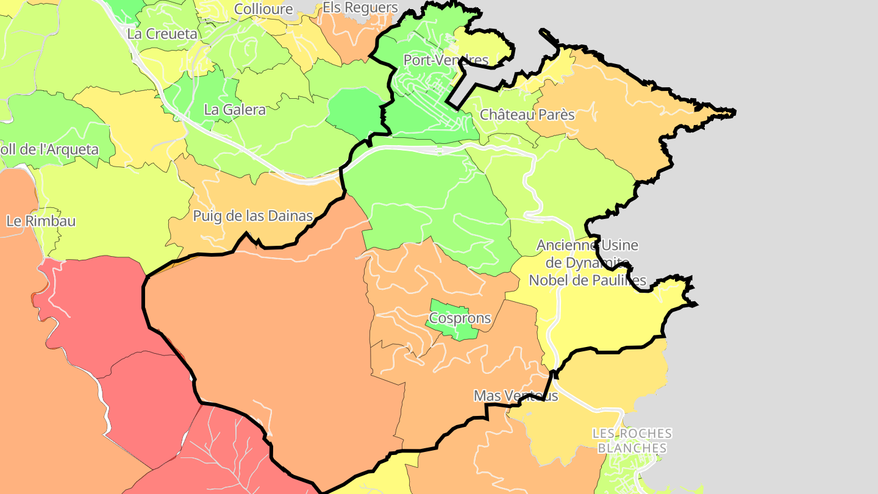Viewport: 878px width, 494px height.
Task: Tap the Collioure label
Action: pos(263,9)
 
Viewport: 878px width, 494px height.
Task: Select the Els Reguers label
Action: pos(360,8)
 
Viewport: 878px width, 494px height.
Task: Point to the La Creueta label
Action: pos(162,34)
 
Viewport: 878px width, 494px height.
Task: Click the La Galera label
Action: pos(235,110)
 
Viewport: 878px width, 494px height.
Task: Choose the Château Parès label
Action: pos(527,115)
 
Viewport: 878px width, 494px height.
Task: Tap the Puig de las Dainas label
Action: pos(252,216)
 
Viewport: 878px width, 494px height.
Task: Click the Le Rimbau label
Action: pos(41,221)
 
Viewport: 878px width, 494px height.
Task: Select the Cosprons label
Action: pos(460,318)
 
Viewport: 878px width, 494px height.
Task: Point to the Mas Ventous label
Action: pos(516,396)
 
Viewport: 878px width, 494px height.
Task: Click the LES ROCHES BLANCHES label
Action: pos(632,441)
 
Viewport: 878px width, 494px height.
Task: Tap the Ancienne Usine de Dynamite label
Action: pos(587,262)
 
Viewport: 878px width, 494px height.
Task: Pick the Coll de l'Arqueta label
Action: pos(49,149)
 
